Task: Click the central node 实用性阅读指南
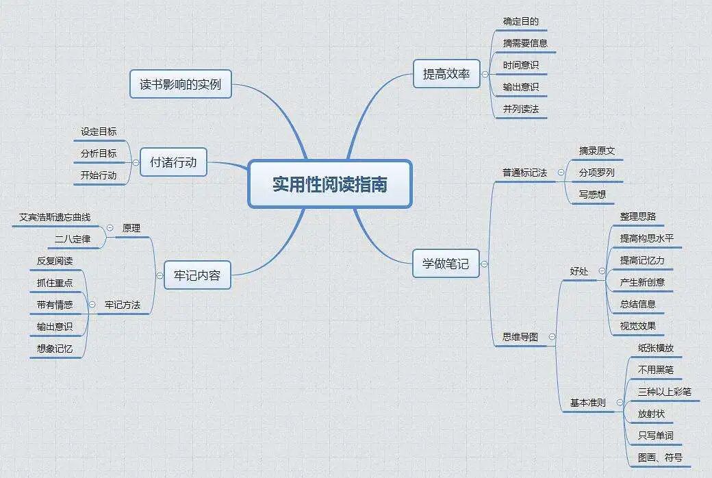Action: (329, 184)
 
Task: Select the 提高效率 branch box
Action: (446, 74)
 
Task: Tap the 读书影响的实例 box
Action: (181, 85)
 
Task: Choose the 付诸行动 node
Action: (173, 162)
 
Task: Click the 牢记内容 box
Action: (197, 275)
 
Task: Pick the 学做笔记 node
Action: (446, 263)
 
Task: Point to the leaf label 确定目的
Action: (520, 21)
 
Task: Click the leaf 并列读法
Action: (520, 109)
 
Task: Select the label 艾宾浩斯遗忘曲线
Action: (54, 217)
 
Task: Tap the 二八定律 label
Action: (73, 239)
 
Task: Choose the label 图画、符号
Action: (659, 457)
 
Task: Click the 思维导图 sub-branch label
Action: (520, 337)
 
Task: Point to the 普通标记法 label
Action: (524, 173)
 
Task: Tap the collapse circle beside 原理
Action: (110, 227)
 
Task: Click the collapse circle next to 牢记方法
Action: (92, 304)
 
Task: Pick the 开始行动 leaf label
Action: (99, 175)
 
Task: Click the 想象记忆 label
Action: (55, 348)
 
